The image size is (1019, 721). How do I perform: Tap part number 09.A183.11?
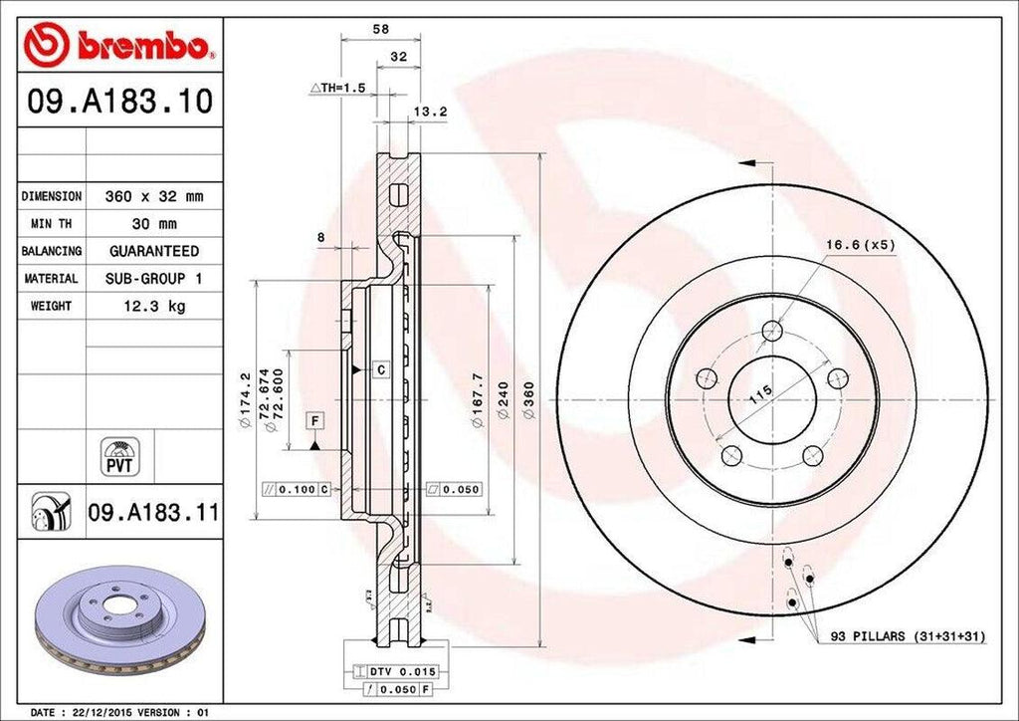tap(153, 513)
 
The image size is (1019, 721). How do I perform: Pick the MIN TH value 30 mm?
tap(153, 224)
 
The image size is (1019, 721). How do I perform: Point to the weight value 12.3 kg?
tap(153, 306)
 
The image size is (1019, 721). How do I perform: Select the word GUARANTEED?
tap(154, 251)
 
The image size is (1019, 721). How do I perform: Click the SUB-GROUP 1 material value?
tap(154, 279)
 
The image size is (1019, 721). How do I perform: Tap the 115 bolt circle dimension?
tap(760, 391)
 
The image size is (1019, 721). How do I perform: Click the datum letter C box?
tap(380, 370)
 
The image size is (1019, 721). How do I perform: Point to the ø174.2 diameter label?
tap(245, 398)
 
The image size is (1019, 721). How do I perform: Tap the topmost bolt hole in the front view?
tap(771, 332)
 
